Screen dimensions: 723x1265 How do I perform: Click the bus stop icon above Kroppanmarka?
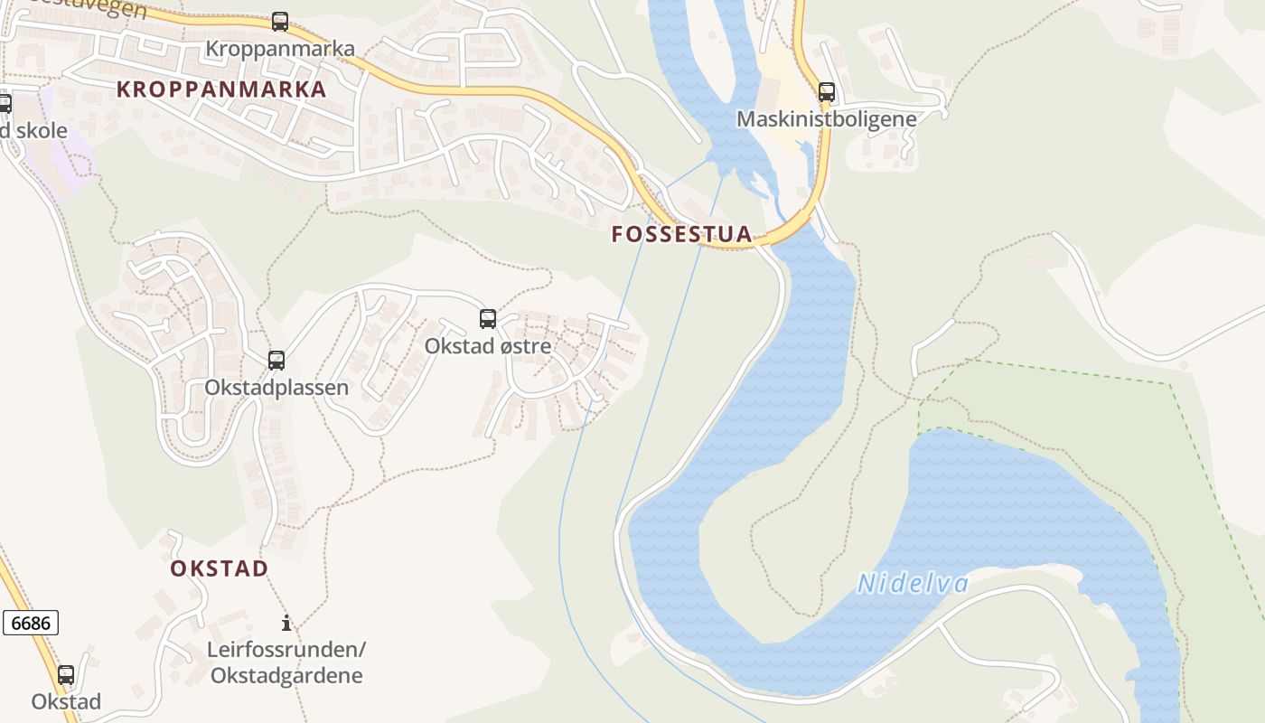[x=280, y=22]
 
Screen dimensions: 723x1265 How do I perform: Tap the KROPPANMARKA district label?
[x=221, y=89]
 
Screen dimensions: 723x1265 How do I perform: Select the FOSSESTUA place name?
[x=681, y=234]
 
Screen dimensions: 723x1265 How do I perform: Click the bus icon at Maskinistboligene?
[x=827, y=92]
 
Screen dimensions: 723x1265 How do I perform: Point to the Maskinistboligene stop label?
[x=826, y=119]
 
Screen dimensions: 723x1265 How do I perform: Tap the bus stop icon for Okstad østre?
[x=488, y=319]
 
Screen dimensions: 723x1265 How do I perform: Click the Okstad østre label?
[x=488, y=346]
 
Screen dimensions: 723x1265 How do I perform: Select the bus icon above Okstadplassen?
[x=276, y=361]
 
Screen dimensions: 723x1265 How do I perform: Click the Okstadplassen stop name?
[x=276, y=388]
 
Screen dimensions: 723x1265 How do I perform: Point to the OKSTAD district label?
[x=220, y=568]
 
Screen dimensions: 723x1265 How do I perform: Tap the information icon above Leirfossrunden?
[x=286, y=623]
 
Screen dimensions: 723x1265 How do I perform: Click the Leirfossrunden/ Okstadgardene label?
[x=286, y=662]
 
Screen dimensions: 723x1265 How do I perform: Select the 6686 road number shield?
[x=31, y=623]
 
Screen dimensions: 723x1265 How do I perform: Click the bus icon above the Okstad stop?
[x=66, y=675]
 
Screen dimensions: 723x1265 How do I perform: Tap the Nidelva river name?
[x=913, y=584]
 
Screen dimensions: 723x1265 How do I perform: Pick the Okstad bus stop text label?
[x=66, y=702]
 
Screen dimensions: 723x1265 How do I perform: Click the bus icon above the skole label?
[x=5, y=104]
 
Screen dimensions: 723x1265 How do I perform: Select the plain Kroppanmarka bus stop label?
[x=280, y=49]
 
